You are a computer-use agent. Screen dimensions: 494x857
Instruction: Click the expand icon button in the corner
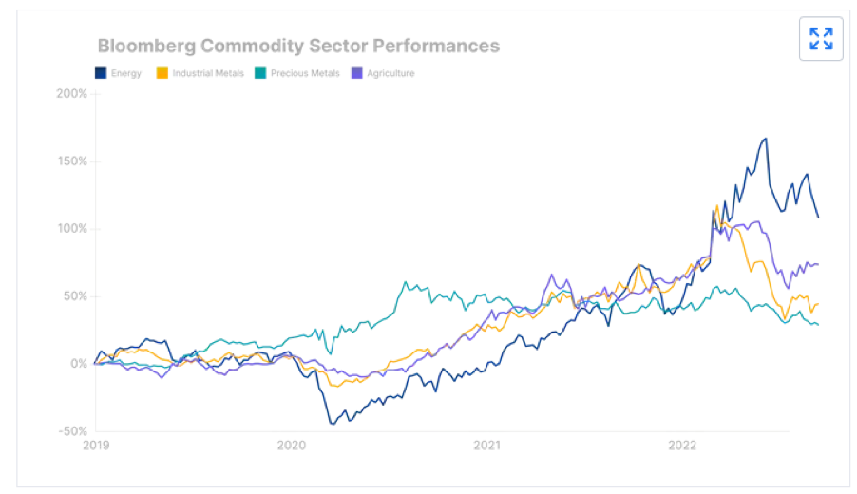point(821,39)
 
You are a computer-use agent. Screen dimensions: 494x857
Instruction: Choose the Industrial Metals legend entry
point(200,73)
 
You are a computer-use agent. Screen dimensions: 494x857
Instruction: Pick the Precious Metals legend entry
point(296,73)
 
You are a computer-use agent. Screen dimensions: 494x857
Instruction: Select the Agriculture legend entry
point(383,73)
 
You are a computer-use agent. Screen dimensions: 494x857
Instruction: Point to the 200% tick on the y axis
point(72,94)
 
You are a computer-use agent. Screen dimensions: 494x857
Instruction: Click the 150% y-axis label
point(72,161)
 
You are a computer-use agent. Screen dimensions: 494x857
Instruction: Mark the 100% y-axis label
point(72,229)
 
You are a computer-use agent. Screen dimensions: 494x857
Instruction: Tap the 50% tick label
point(75,296)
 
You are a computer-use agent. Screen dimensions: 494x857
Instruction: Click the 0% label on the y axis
point(78,364)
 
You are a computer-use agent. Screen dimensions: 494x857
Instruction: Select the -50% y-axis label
point(72,431)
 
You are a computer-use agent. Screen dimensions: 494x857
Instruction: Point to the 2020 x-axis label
point(291,445)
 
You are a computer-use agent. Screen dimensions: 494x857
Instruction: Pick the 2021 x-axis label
point(486,445)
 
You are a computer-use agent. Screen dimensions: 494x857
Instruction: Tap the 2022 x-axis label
point(683,445)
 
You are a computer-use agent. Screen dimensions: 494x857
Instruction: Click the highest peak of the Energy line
point(765,139)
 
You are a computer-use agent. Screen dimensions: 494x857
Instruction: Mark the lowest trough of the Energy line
point(332,424)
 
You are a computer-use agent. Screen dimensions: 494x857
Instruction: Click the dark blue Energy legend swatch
point(101,73)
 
